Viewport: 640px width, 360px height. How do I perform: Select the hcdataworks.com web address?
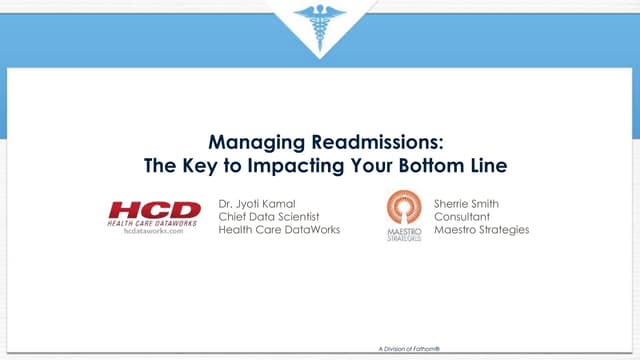[153, 230]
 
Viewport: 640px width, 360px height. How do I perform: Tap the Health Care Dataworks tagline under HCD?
[153, 222]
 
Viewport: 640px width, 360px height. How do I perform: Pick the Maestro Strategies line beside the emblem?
[481, 230]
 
